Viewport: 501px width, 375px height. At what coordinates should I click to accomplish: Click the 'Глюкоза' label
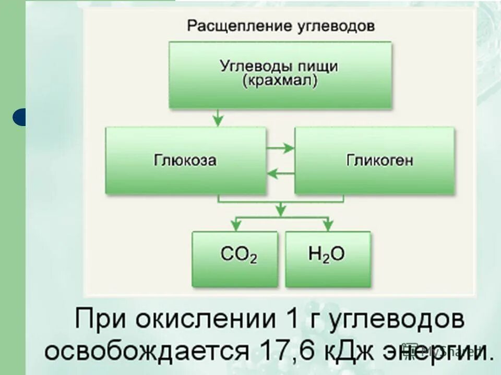click(x=185, y=160)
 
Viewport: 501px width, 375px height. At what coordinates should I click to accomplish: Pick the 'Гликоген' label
click(x=379, y=160)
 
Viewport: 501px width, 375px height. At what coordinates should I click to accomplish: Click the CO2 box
click(x=235, y=259)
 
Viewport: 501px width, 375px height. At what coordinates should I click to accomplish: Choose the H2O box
click(x=328, y=259)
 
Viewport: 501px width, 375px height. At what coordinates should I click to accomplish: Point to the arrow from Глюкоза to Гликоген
click(x=281, y=148)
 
